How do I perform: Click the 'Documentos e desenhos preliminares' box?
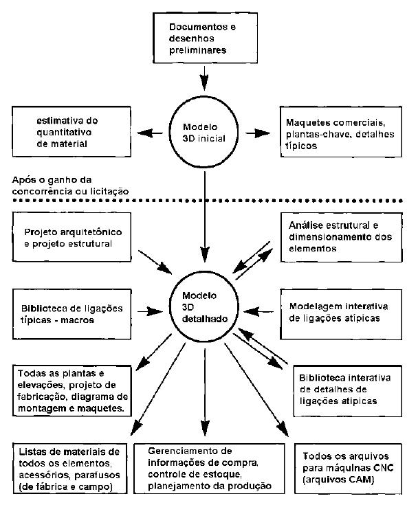[x=205, y=38]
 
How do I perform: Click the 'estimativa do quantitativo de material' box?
[x=71, y=132]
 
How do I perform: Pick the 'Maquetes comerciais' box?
[x=341, y=132]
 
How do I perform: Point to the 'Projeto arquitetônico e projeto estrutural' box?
[x=71, y=237]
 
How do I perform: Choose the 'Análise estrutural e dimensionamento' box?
[x=341, y=237]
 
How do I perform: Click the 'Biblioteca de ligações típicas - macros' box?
[x=72, y=314]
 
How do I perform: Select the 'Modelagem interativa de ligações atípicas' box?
[x=341, y=314]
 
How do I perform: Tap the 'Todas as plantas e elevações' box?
[x=72, y=391]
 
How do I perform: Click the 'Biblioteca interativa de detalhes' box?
[x=348, y=391]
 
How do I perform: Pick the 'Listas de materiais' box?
[x=70, y=469]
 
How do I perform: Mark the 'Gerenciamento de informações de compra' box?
[x=209, y=469]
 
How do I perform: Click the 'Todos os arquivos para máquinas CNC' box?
[x=349, y=469]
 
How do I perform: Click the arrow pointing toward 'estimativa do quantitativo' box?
[x=150, y=133]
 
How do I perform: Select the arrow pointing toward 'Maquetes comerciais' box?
[x=258, y=133]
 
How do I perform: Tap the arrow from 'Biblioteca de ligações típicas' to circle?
[x=150, y=311]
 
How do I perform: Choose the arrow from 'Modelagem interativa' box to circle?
[x=258, y=311]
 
